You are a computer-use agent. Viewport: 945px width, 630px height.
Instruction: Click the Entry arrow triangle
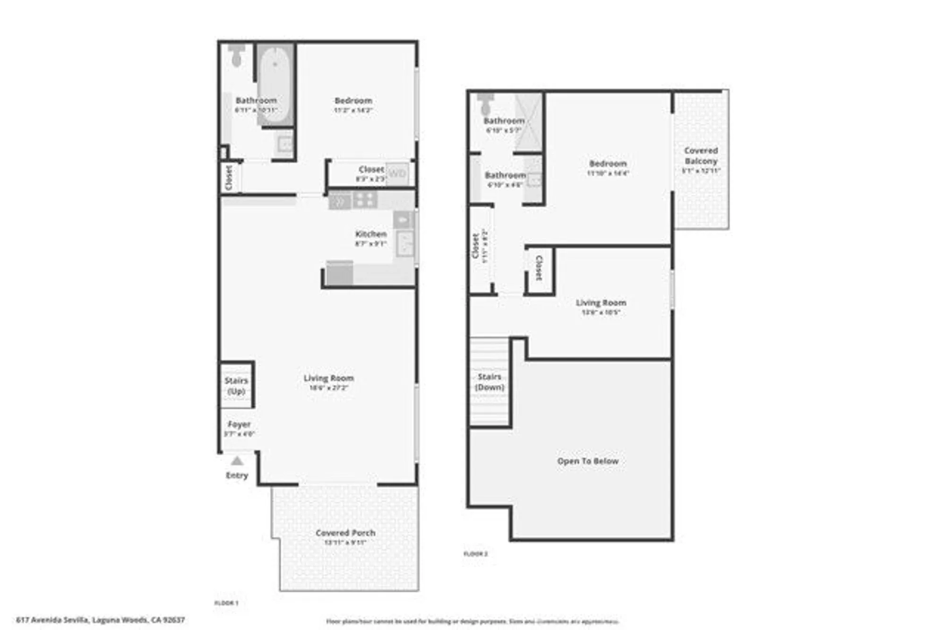237,461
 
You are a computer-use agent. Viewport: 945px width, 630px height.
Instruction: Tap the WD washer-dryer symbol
397,173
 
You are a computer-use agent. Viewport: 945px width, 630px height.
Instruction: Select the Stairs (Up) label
236,385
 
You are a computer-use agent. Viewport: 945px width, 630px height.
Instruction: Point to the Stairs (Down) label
490,382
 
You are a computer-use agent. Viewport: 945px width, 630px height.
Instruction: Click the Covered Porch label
345,533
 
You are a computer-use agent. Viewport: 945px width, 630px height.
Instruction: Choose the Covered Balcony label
701,156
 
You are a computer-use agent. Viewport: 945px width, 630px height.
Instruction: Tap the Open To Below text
588,461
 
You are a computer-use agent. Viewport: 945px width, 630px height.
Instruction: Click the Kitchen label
371,234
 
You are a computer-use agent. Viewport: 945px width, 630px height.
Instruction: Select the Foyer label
239,424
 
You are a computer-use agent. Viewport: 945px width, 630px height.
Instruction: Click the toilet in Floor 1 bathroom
237,55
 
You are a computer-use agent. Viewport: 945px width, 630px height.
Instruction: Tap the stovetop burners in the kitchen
365,200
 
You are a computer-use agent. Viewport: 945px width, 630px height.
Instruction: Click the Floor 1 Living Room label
328,378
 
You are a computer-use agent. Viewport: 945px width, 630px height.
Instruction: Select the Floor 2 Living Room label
601,303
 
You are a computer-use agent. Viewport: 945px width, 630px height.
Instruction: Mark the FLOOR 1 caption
226,603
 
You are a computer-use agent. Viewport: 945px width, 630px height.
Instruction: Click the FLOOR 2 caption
475,553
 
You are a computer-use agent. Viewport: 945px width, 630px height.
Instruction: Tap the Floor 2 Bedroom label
608,163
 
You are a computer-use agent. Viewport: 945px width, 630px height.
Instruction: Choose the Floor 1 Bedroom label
353,101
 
